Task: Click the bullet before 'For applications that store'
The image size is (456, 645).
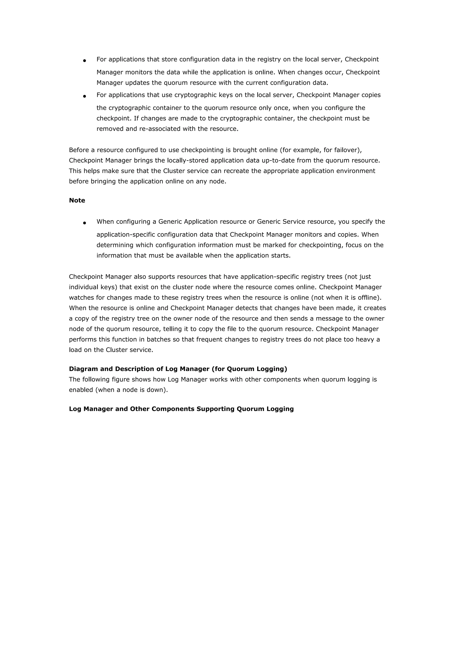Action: click(84, 60)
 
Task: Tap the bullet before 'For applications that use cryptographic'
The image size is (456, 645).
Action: click(84, 96)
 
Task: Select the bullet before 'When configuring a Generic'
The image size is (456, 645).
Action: click(84, 223)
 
